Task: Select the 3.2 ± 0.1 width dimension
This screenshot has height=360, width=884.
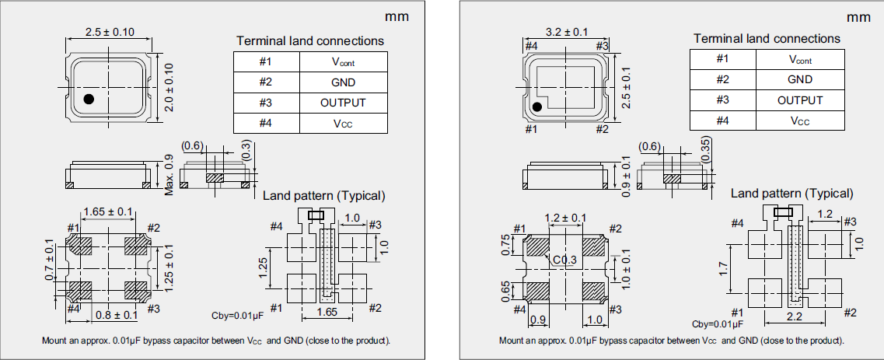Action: click(566, 33)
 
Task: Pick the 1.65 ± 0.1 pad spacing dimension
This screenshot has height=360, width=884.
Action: click(108, 211)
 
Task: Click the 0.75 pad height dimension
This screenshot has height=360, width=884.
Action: click(506, 244)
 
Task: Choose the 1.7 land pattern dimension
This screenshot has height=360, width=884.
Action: click(724, 269)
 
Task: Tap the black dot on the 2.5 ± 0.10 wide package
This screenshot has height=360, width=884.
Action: click(89, 98)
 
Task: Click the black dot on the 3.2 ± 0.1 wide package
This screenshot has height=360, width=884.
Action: click(536, 107)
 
